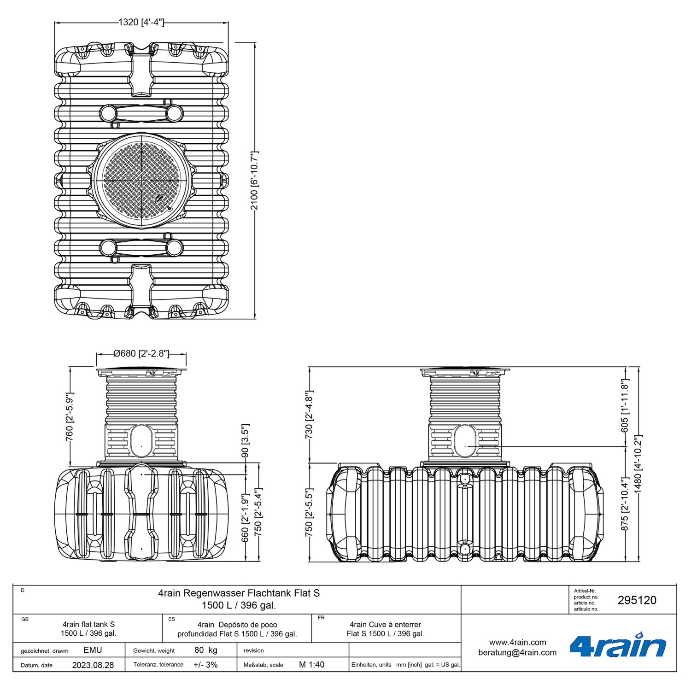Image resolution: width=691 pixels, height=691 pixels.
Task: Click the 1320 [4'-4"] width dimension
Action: (141, 22)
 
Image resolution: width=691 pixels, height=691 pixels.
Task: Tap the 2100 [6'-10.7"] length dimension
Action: (254, 180)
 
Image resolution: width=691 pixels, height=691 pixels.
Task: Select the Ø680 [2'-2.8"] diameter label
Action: (141, 353)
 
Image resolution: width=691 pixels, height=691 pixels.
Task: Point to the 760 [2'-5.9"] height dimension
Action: (69, 416)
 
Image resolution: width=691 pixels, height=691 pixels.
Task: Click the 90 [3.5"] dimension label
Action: (245, 440)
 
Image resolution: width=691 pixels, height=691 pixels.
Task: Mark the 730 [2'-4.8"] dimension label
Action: (309, 415)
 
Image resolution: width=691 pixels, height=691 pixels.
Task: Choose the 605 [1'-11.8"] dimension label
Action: (625, 406)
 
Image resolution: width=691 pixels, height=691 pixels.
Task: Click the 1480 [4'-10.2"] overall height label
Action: (638, 464)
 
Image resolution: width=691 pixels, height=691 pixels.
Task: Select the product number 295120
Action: (637, 600)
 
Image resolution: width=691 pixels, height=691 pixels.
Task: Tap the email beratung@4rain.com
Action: (517, 652)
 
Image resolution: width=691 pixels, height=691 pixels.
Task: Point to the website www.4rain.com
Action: (517, 642)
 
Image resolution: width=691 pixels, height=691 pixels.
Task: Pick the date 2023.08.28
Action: (93, 665)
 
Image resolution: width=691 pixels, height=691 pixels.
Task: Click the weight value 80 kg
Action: (205, 650)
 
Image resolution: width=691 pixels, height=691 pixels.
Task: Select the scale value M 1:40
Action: (311, 664)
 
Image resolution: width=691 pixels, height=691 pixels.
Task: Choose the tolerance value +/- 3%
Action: (205, 664)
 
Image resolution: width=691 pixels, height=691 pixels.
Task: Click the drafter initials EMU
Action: (93, 650)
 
